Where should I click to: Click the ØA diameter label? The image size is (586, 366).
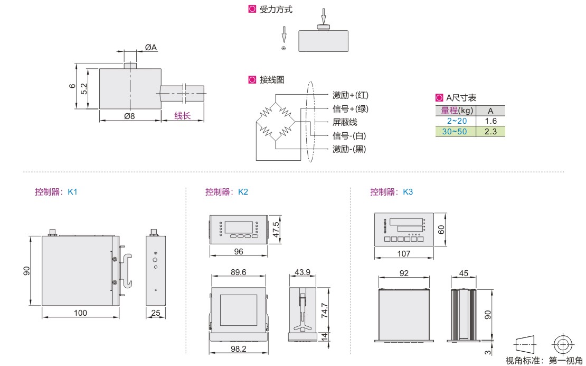point(150,48)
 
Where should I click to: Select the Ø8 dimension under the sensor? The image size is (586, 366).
point(128,116)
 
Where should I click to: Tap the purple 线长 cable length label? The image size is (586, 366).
point(182,116)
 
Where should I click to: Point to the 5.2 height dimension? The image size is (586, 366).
point(84,88)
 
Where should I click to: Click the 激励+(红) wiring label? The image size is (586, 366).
point(351,95)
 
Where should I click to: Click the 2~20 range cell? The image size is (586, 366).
point(454,121)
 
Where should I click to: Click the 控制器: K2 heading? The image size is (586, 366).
point(226,192)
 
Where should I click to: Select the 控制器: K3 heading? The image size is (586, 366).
point(391,192)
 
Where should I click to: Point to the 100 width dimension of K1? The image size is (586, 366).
point(80,313)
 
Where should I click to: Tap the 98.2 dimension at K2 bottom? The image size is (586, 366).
point(239,349)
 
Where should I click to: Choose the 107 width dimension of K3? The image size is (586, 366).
point(403,253)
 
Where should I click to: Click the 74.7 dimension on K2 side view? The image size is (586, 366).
point(326,309)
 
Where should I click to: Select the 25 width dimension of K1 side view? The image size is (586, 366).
point(155,313)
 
